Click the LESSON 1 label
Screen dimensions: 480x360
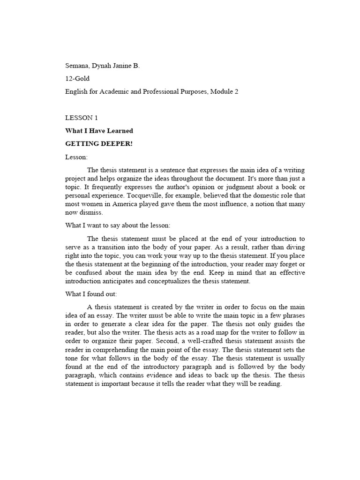82,118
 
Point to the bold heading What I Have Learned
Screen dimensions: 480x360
99,131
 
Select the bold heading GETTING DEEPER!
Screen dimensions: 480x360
99,143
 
